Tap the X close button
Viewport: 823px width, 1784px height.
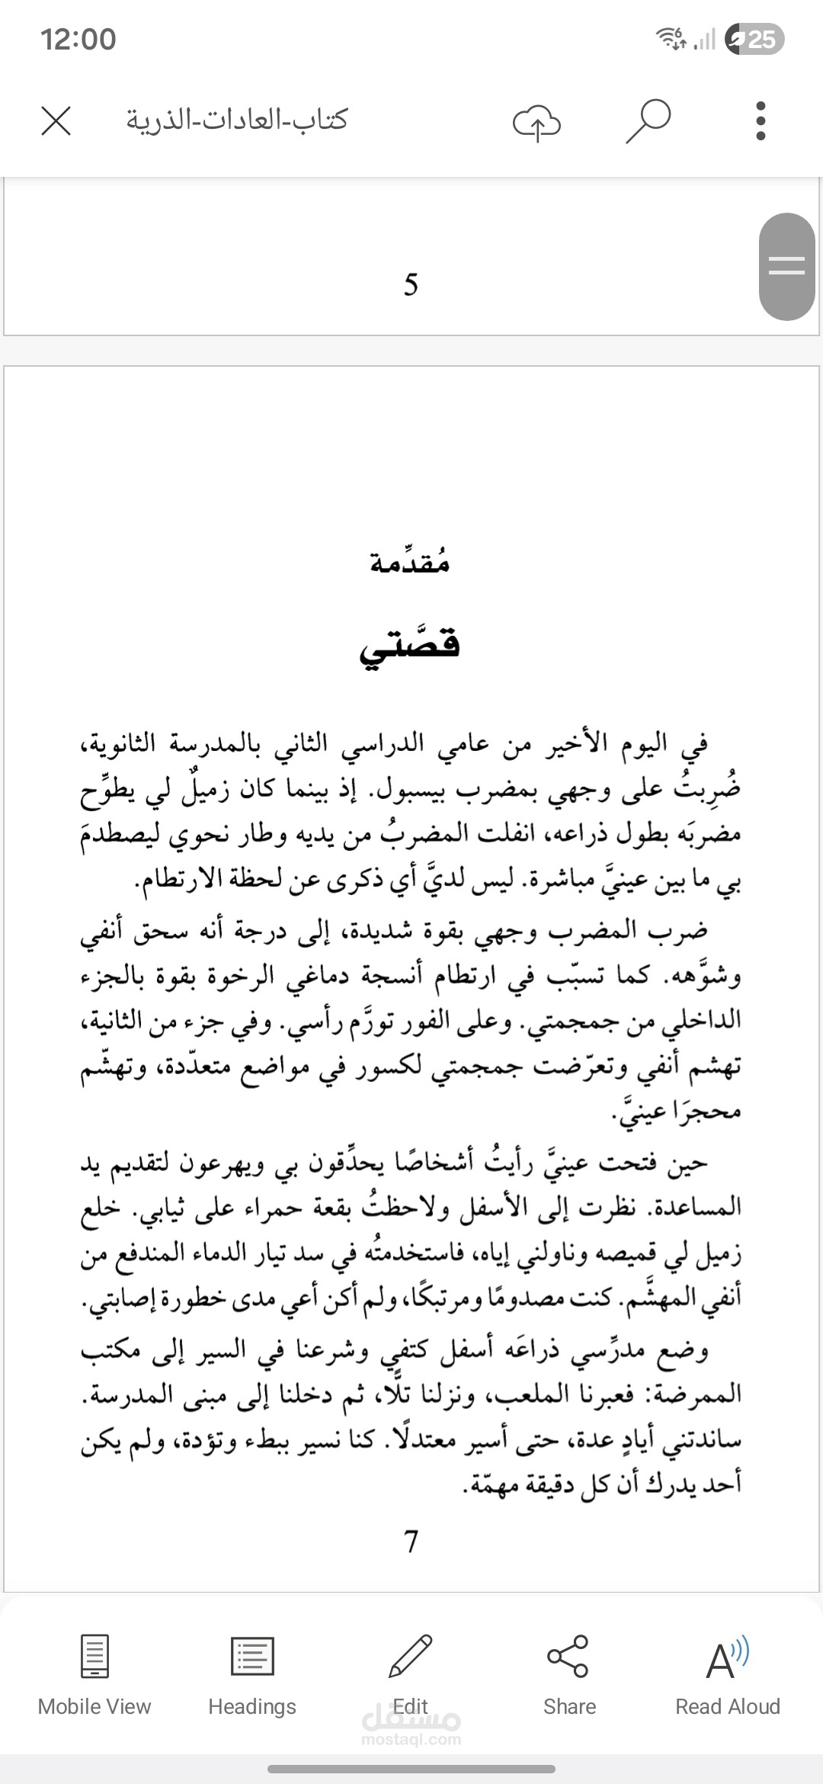tap(56, 120)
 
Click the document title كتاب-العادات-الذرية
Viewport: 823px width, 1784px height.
tap(236, 120)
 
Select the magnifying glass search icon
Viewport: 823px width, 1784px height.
tap(648, 120)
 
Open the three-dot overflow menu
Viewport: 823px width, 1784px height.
tap(760, 120)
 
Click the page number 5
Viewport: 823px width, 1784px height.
tap(411, 285)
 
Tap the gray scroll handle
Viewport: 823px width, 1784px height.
tap(787, 266)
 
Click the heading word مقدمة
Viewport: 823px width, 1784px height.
tap(410, 563)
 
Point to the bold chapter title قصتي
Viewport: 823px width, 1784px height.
tap(410, 647)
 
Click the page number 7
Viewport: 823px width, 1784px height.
tap(411, 1542)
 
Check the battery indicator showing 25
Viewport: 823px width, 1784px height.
tap(754, 39)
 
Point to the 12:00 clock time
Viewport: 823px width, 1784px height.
tap(78, 39)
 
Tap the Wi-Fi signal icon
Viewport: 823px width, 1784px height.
tap(671, 37)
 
